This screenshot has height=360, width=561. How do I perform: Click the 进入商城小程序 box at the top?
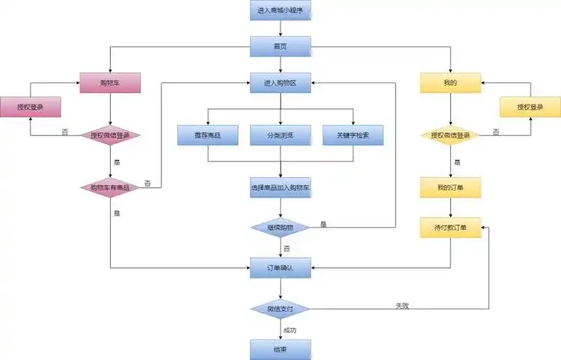[280, 11]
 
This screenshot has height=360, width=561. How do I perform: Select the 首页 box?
[280, 47]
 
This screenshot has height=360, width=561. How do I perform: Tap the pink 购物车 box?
[109, 83]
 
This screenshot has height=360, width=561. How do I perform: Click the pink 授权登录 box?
[30, 107]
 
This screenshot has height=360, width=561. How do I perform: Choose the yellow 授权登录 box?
[530, 107]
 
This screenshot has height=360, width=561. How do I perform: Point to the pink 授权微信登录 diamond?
[109, 135]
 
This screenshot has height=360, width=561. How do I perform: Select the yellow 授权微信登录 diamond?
[450, 135]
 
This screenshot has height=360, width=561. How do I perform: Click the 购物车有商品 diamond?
[109, 187]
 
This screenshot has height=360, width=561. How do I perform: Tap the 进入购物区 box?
[280, 83]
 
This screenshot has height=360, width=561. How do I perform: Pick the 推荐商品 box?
[207, 135]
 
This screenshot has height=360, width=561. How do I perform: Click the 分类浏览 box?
[280, 135]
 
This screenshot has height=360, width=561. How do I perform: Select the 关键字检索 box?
[353, 135]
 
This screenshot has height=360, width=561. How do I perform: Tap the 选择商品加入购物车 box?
[280, 187]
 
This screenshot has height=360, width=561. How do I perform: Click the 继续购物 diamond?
[280, 227]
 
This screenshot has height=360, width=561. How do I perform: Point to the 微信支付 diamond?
[280, 309]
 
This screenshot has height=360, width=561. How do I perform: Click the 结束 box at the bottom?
[280, 349]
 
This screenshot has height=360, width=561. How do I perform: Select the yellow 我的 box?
[450, 83]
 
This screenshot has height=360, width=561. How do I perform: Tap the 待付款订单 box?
[450, 228]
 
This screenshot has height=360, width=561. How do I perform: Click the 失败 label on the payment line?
[402, 305]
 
